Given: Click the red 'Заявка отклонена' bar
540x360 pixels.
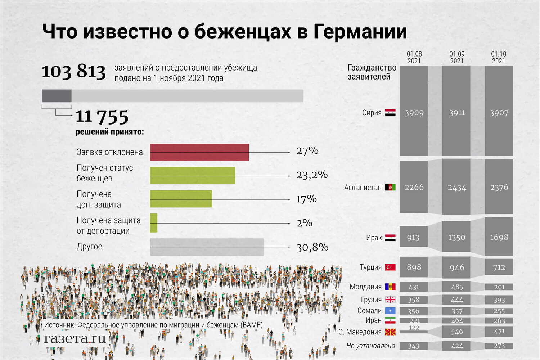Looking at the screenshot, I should (x=199, y=152).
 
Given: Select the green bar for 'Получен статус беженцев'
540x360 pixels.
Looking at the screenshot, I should (x=192, y=176).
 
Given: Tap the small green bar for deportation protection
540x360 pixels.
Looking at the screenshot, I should (x=154, y=223).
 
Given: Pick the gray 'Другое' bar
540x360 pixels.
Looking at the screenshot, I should (x=206, y=247).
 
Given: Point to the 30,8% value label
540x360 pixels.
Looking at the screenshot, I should (x=312, y=247).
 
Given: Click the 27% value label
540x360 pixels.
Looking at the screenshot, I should (x=307, y=151).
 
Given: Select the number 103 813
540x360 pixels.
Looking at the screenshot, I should (x=74, y=71).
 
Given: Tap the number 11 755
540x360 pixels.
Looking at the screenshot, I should (x=102, y=117).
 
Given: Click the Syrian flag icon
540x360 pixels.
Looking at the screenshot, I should (x=390, y=113).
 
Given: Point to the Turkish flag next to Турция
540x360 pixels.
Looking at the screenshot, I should (x=390, y=267).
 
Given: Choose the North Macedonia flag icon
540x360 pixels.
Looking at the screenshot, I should (x=390, y=332).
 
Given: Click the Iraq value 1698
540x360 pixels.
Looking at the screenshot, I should (x=499, y=237).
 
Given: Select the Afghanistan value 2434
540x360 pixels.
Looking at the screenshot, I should (x=457, y=188).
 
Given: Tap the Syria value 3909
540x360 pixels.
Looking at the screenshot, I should (x=414, y=113).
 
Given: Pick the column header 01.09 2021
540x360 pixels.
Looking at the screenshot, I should (x=457, y=57).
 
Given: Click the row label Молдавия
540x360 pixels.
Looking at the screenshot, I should (x=365, y=287).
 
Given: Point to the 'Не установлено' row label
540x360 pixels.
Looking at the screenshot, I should (x=370, y=346).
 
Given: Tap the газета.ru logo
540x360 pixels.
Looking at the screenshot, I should (x=75, y=338).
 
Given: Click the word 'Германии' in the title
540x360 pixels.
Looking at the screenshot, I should (x=360, y=31).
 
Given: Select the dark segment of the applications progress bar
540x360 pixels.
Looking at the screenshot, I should (x=57, y=96).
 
